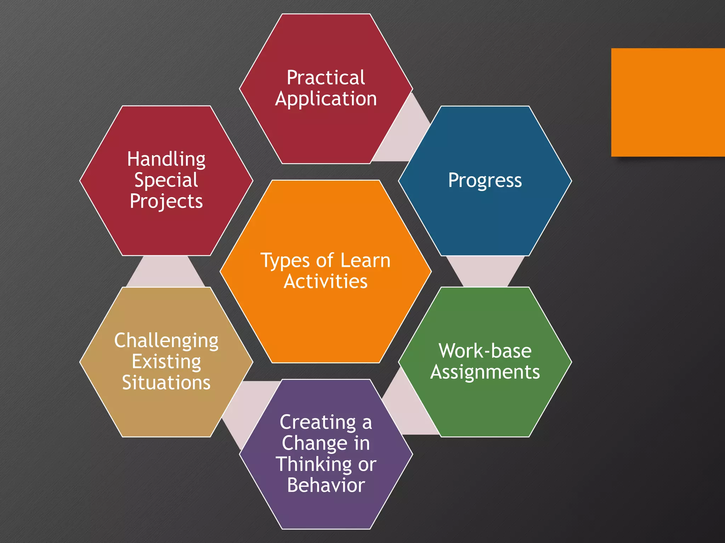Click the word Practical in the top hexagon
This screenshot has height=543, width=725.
[x=326, y=77]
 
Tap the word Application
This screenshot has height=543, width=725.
[x=326, y=99]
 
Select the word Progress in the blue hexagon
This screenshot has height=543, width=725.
[x=485, y=181]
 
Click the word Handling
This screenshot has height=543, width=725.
[x=166, y=159]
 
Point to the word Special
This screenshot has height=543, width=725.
[x=166, y=180]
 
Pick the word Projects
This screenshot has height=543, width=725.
[x=166, y=202]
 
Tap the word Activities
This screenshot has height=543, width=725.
[x=326, y=282]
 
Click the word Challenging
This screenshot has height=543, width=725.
[x=166, y=341]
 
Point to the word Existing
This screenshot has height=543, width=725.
[x=166, y=362]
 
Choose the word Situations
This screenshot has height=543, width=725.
[x=166, y=383]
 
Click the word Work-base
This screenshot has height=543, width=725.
[x=485, y=351]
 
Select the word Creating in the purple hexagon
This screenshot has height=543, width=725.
[x=318, y=422]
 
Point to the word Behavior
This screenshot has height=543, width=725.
[x=326, y=485]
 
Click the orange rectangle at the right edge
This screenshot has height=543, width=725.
[x=668, y=102]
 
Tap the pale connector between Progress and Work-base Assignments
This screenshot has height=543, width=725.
[x=485, y=271]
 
